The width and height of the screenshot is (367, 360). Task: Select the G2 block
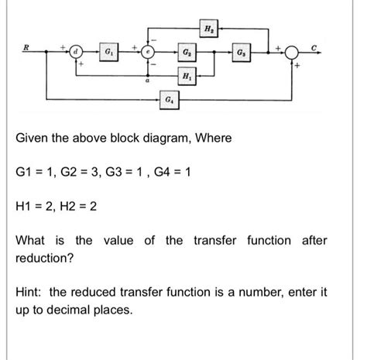click(x=186, y=53)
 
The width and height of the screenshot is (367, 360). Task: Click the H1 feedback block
click(x=186, y=76)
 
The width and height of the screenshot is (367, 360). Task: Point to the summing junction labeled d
click(x=76, y=53)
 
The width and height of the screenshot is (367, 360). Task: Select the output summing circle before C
click(x=292, y=53)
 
